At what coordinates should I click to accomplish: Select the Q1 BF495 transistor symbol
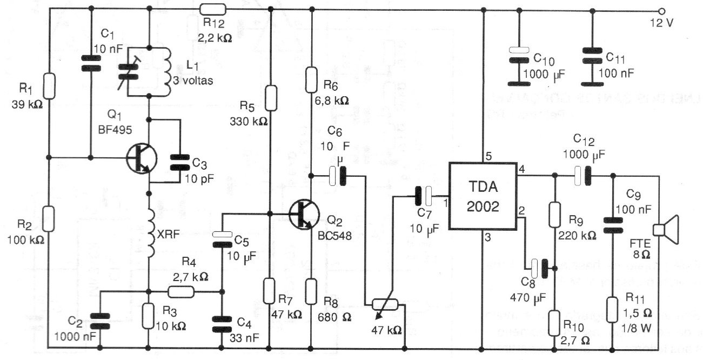click(x=141, y=158)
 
